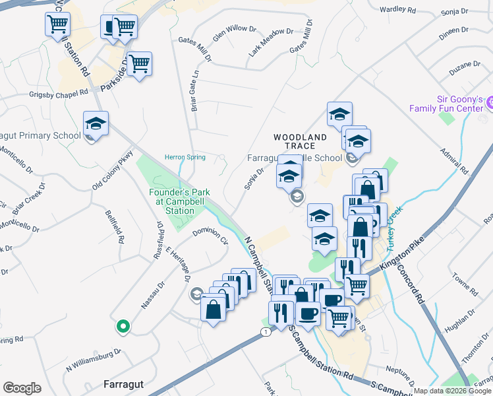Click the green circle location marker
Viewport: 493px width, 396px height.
122,325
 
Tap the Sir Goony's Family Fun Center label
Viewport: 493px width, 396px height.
447,103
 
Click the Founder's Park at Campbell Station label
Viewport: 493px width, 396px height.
179,201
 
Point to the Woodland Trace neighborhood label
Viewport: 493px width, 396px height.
301,141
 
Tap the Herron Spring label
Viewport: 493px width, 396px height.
185,157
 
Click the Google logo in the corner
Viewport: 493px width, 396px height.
22,388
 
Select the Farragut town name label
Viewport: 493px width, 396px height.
123,383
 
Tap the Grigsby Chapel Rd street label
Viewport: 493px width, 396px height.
59,94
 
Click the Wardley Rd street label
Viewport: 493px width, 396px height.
398,11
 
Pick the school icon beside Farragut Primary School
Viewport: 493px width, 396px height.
96,124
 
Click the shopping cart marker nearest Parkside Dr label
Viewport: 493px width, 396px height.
139,65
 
